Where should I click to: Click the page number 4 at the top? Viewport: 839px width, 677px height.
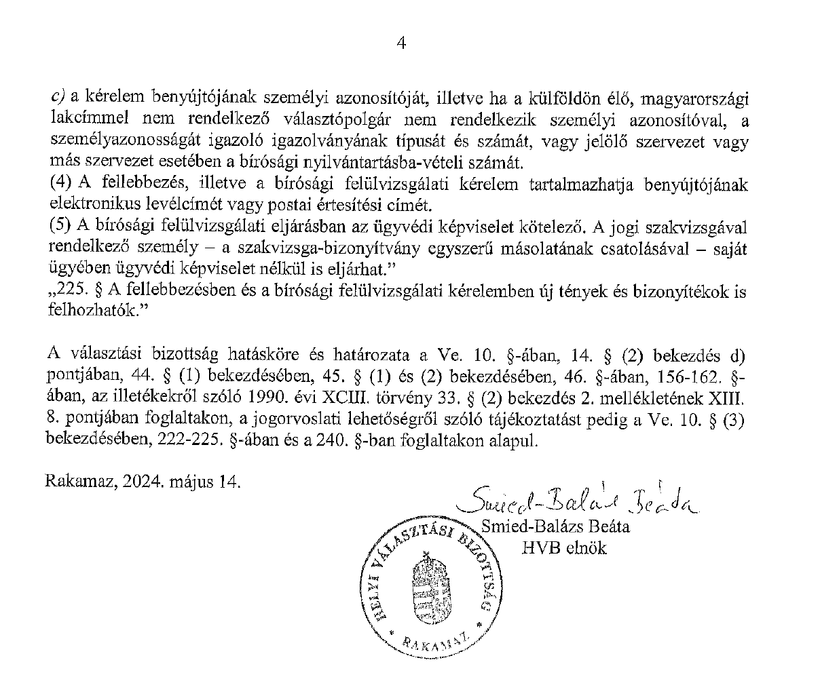click(400, 44)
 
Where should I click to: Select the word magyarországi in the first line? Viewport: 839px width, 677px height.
click(704, 99)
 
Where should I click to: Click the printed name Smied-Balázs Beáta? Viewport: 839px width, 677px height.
click(555, 526)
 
